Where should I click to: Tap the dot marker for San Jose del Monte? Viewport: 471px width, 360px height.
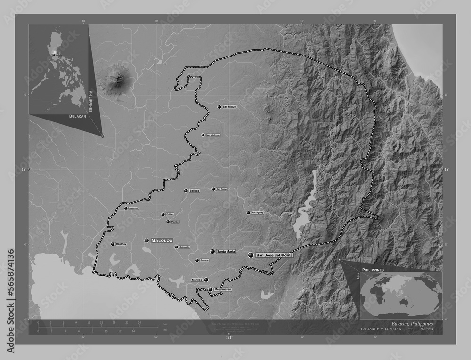251,255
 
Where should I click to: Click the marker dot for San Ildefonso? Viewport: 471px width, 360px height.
203,135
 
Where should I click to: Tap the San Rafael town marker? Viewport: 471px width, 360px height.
213,189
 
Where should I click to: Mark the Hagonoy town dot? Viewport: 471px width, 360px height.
113,244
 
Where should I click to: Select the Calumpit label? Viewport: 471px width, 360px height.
133,208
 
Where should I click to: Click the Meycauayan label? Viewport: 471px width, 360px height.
223,289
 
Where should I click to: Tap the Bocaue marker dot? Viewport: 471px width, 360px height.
197,260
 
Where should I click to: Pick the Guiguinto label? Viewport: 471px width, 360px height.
184,247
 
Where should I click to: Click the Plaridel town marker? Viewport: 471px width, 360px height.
168,222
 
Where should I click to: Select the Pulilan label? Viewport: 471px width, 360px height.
170,214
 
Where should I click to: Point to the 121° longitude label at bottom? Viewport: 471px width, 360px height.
229,337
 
